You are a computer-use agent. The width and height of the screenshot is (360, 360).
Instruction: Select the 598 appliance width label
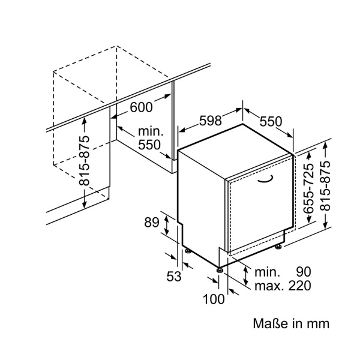click(211, 121)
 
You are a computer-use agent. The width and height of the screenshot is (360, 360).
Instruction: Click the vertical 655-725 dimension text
click(308, 190)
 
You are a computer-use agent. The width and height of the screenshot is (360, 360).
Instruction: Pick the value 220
click(299, 286)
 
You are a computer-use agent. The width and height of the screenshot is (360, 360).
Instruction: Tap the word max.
click(268, 286)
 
